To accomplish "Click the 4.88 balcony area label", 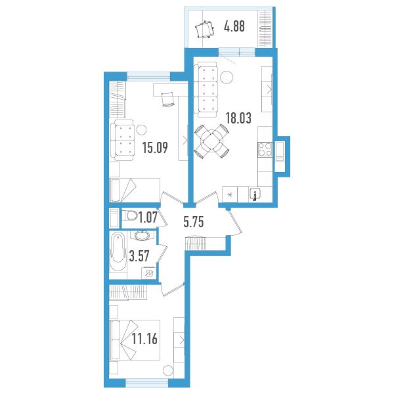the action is pyautogui.click(x=234, y=26).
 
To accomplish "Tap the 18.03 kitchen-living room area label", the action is pyautogui.click(x=238, y=118).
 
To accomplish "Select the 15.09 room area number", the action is pyautogui.click(x=155, y=148).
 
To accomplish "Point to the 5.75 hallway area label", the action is pyautogui.click(x=194, y=222).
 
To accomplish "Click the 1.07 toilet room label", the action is pyautogui.click(x=148, y=217).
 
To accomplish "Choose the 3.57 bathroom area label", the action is pyautogui.click(x=139, y=256).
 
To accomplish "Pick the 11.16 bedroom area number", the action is pyautogui.click(x=144, y=338).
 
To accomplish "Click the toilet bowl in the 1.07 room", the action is pyautogui.click(x=130, y=215).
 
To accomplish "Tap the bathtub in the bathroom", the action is pyautogui.click(x=118, y=252).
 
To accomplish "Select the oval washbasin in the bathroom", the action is pyautogui.click(x=142, y=236).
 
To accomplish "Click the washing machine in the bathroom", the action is pyautogui.click(x=149, y=273).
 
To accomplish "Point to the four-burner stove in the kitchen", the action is pyautogui.click(x=265, y=150).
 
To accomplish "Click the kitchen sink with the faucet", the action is pyautogui.click(x=255, y=194).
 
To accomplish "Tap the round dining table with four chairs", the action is pyautogui.click(x=212, y=141).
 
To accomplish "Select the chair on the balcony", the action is pyautogui.click(x=205, y=30).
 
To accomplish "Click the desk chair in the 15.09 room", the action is pyautogui.click(x=167, y=100).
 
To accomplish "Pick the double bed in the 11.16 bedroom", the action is pyautogui.click(x=135, y=340).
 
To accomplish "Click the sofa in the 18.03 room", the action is pyautogui.click(x=204, y=90).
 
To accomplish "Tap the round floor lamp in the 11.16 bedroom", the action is pyautogui.click(x=168, y=370).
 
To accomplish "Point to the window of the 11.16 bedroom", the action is pyautogui.click(x=146, y=383).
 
